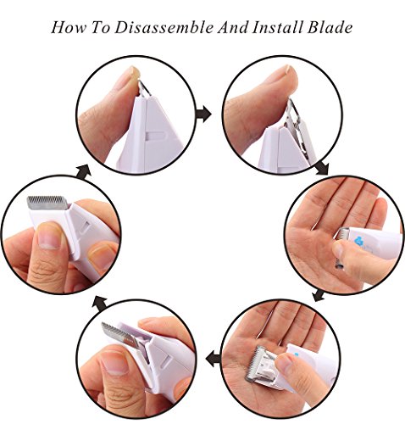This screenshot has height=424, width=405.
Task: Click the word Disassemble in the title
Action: coord(164,27)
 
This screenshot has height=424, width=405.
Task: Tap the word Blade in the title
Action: coord(330,27)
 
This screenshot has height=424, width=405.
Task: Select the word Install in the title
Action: coord(278,27)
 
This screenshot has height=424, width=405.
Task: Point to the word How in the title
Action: coord(69,27)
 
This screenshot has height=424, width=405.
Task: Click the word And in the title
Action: coord(233,27)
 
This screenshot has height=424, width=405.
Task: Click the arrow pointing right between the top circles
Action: coord(203,114)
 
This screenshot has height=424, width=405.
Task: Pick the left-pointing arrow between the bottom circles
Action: coord(214,360)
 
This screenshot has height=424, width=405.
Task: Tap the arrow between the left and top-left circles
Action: coord(84,171)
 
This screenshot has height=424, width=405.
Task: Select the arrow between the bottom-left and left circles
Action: coord(100,303)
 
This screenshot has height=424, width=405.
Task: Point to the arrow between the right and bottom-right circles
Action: coord(319,295)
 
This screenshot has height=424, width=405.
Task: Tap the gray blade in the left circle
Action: coord(47,203)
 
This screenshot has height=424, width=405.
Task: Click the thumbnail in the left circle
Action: coord(49,236)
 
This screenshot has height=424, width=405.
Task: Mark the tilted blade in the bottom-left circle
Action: coord(121,337)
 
